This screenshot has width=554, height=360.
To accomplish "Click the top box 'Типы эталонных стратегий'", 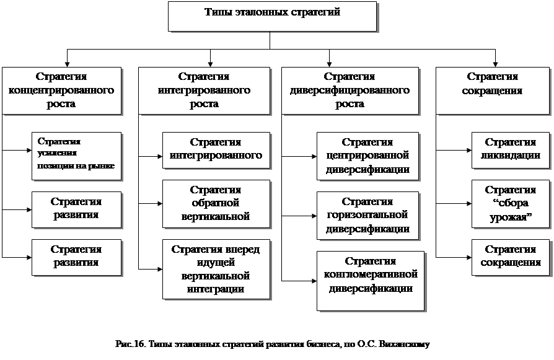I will [272, 16].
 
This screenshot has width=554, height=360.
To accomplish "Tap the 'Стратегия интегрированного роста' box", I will [204, 90].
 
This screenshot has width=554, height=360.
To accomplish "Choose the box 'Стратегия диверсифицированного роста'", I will [350, 90].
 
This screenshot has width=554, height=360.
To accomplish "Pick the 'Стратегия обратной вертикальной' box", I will [216, 203].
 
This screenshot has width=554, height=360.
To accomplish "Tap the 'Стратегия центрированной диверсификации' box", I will [367, 156].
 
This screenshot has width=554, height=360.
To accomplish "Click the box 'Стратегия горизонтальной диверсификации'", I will [367, 216].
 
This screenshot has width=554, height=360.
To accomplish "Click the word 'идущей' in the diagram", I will [215, 261].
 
